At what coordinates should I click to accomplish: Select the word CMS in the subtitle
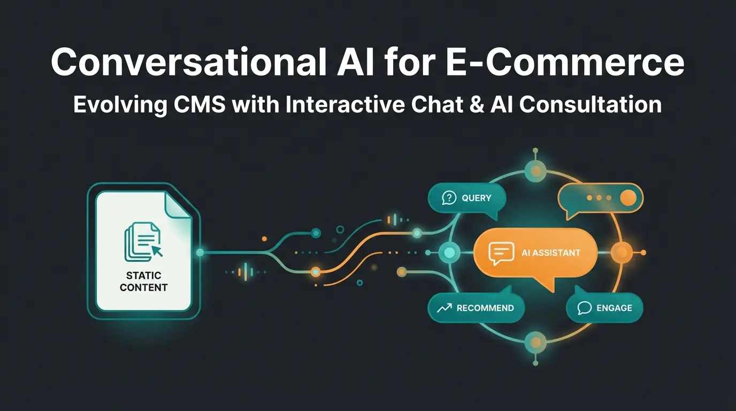pyautogui.click(x=201, y=104)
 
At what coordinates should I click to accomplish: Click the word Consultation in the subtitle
pyautogui.click(x=591, y=104)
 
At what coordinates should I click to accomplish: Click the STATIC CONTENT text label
pyautogui.click(x=143, y=281)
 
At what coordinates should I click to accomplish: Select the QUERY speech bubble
pyautogui.click(x=467, y=199)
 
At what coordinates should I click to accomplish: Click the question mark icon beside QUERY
pyautogui.click(x=448, y=199)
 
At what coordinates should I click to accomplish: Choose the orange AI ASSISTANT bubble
pyautogui.click(x=535, y=253)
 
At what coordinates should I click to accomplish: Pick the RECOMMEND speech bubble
pyautogui.click(x=476, y=308)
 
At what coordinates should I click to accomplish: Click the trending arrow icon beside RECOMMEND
pyautogui.click(x=444, y=308)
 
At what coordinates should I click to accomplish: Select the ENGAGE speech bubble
pyautogui.click(x=604, y=308)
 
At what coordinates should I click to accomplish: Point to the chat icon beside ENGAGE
pyautogui.click(x=585, y=308)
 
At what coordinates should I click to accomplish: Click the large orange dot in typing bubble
pyautogui.click(x=627, y=198)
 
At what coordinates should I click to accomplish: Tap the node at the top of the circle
pyautogui.click(x=534, y=170)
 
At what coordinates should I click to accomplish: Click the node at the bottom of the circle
pyautogui.click(x=534, y=341)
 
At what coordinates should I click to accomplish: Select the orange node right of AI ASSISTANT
pyautogui.click(x=621, y=252)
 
